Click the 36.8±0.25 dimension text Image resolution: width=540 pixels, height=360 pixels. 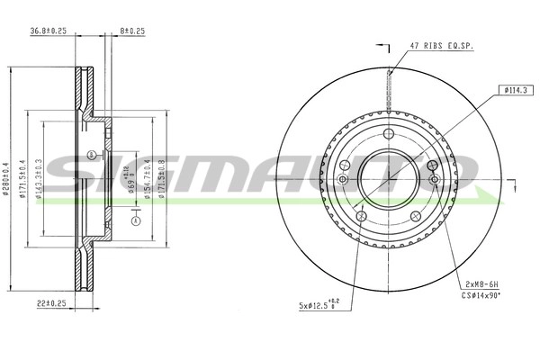(x=50, y=31)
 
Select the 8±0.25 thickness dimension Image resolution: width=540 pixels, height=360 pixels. (x=132, y=31)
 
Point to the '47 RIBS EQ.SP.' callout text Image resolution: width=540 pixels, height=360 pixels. (x=440, y=44)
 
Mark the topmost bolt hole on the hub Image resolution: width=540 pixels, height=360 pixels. (x=388, y=134)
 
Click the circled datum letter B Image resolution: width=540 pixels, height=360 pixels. (x=93, y=156)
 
